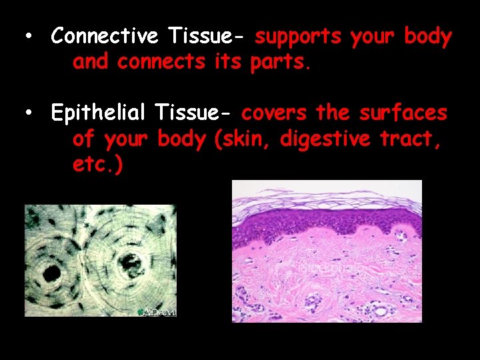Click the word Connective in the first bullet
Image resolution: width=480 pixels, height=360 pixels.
[x=104, y=37]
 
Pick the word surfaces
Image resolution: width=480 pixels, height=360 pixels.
[x=403, y=113]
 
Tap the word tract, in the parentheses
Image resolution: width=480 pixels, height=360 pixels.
[x=414, y=139]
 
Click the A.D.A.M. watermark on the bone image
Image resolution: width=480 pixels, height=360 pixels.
[x=158, y=312]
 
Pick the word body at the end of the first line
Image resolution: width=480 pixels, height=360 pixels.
[x=427, y=37]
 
